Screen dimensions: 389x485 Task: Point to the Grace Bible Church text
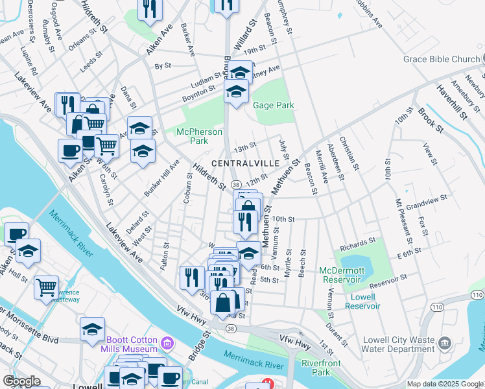[440, 60]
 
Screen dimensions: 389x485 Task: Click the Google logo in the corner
[22, 381]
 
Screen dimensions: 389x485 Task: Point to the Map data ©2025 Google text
[445, 384]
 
